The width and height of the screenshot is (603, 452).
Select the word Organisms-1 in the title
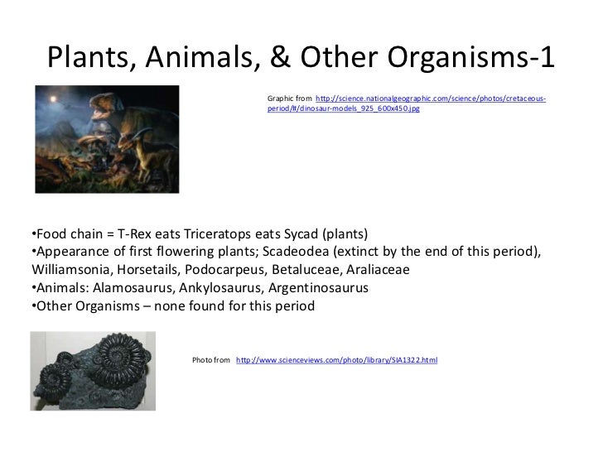coord(469,57)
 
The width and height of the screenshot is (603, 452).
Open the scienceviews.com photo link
coord(336,361)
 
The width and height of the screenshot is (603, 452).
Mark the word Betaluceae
coord(301,270)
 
